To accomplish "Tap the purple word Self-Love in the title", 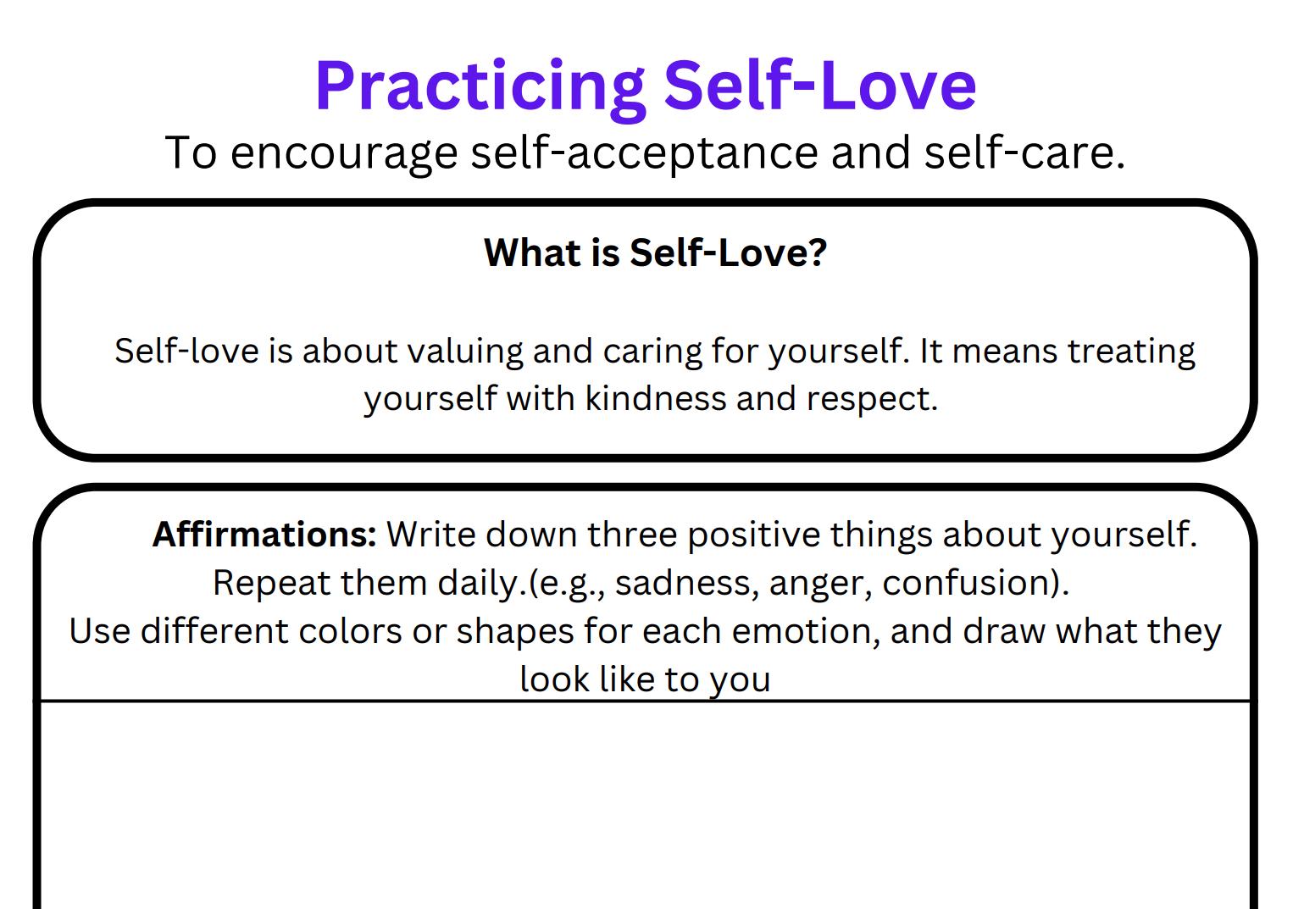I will coord(819,86).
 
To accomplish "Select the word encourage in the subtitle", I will coord(344,153).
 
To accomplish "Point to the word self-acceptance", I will coord(644,153).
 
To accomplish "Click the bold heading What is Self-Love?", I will coord(654,252).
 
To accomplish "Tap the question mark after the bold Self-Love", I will coord(818,252).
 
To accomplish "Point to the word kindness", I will coord(655,399).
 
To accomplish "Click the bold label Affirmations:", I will coord(264,535).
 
